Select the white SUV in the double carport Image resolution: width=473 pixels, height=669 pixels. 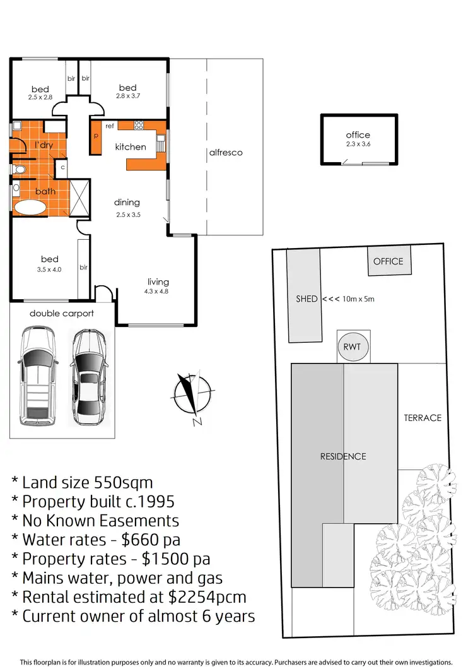[x=38, y=376]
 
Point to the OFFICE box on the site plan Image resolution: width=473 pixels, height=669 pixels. [x=388, y=261]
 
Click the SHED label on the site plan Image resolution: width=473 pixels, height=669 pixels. [x=307, y=299]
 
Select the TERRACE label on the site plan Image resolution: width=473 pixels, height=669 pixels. [x=423, y=418]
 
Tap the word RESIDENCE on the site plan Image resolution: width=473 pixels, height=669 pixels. [x=343, y=456]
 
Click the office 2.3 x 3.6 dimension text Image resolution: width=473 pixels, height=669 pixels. [x=358, y=145]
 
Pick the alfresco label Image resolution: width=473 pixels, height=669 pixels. [x=226, y=153]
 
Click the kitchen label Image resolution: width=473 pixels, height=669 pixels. [x=131, y=147]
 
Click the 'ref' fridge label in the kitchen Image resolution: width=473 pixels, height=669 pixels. [x=109, y=126]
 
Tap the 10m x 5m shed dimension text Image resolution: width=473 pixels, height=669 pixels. [x=358, y=299]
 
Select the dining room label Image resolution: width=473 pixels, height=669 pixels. [x=127, y=203]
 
